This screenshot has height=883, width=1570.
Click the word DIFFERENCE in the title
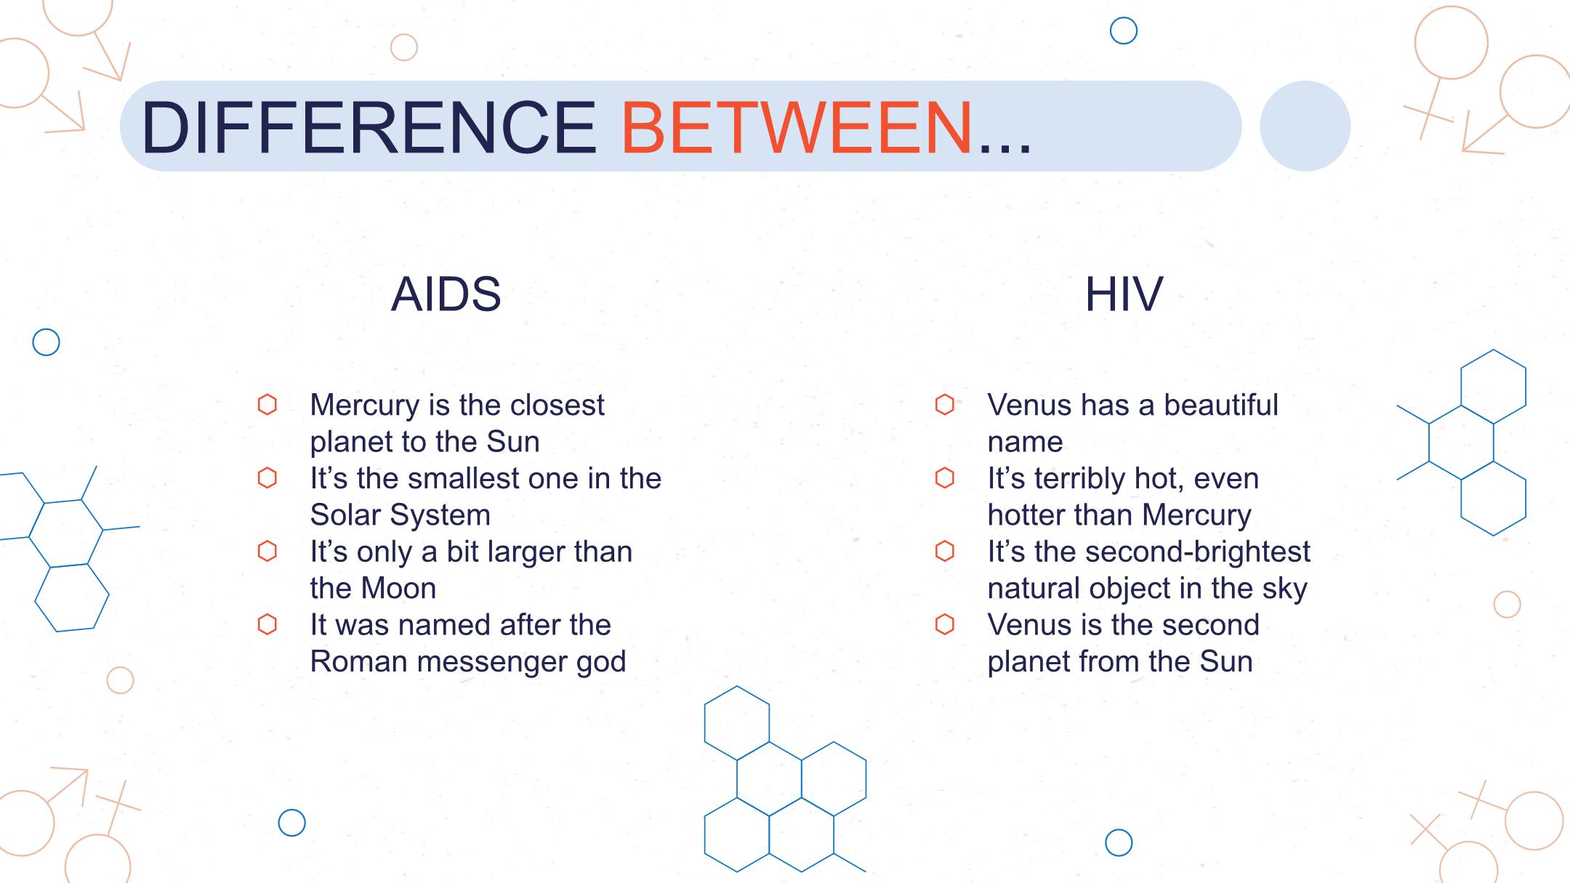[x=369, y=127]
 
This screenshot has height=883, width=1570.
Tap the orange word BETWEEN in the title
[x=797, y=127]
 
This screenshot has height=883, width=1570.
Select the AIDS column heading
[x=446, y=294]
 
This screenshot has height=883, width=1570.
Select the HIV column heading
[x=1124, y=294]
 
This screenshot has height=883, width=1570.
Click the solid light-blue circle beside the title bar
[x=1305, y=126]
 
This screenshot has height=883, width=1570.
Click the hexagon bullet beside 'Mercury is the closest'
[x=267, y=405]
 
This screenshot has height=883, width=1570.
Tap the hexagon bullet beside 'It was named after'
[x=267, y=624]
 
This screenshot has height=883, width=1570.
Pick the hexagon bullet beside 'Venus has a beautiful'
[x=945, y=405]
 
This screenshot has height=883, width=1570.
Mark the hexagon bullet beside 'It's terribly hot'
[x=945, y=478]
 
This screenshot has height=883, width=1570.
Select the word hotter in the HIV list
[x=1026, y=515]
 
